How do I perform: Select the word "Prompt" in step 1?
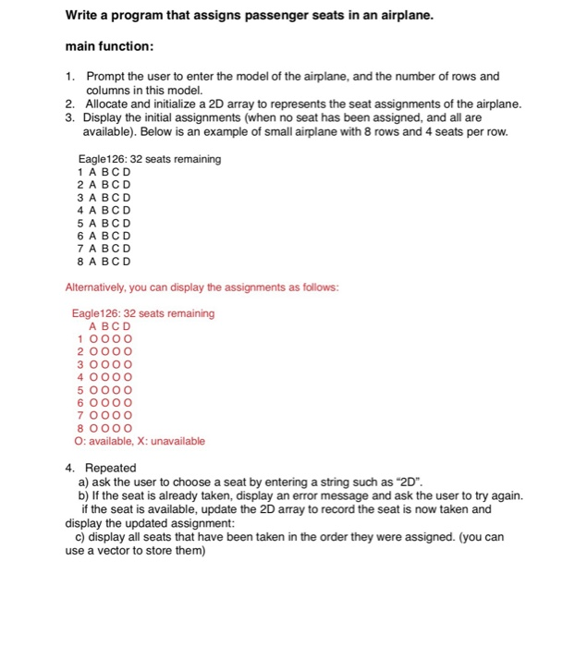pyautogui.click(x=105, y=77)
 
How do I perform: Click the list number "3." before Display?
pyautogui.click(x=70, y=118)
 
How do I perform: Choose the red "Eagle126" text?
pyautogui.click(x=95, y=313)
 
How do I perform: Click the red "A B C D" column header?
pyautogui.click(x=110, y=326)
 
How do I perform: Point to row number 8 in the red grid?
pyautogui.click(x=79, y=428)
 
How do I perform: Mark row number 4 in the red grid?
pyautogui.click(x=79, y=377)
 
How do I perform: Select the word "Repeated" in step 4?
pyautogui.click(x=111, y=468)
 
